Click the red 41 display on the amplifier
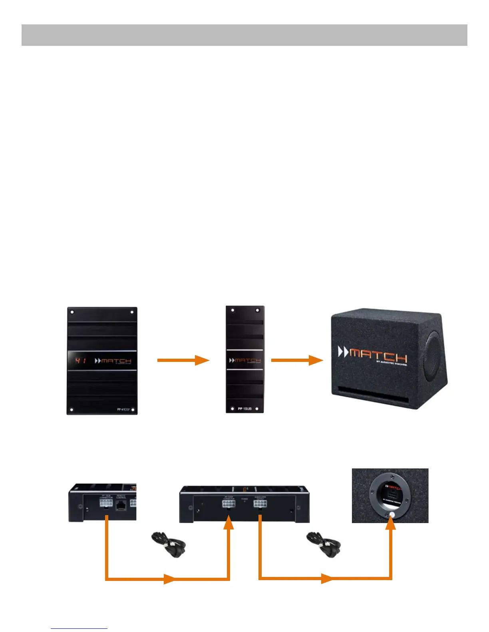[x=80, y=361]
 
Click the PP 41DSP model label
[x=124, y=410]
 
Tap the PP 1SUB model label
[x=245, y=409]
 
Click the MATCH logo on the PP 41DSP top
[x=113, y=361]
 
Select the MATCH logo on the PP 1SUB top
[x=245, y=360]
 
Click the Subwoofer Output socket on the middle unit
[x=260, y=504]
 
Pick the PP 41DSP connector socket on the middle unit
[x=229, y=504]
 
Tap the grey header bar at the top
[x=244, y=35]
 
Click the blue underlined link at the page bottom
[x=79, y=628]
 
